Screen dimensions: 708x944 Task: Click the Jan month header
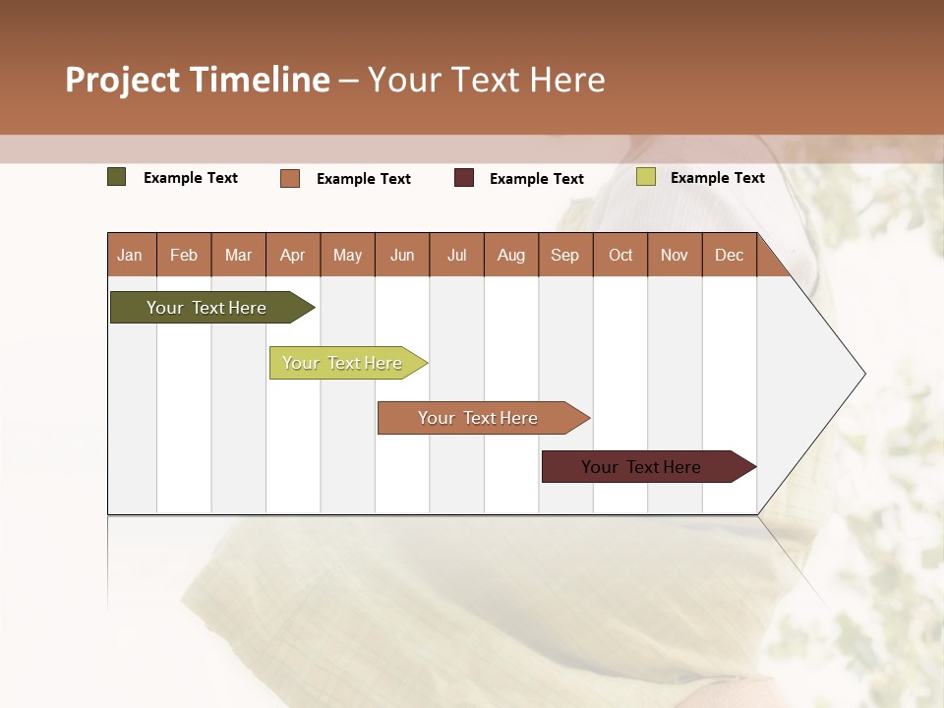[130, 255]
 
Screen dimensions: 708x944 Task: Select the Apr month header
[293, 255]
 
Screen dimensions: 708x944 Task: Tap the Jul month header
[456, 255]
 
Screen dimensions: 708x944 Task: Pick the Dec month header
[729, 255]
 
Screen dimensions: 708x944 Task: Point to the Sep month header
[565, 255]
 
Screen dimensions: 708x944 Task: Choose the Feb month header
[184, 255]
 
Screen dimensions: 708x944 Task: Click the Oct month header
[620, 255]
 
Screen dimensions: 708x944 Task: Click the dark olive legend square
[117, 177]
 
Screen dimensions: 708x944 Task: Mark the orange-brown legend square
[290, 178]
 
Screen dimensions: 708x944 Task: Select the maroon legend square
[464, 178]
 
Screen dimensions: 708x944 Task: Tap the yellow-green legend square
[646, 177]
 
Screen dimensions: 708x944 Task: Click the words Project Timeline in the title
[198, 80]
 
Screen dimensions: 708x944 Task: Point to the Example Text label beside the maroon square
[537, 179]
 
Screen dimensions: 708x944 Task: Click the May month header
[347, 255]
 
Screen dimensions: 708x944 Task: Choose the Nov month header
[675, 255]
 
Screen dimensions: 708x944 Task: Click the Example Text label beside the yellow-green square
[718, 178]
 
